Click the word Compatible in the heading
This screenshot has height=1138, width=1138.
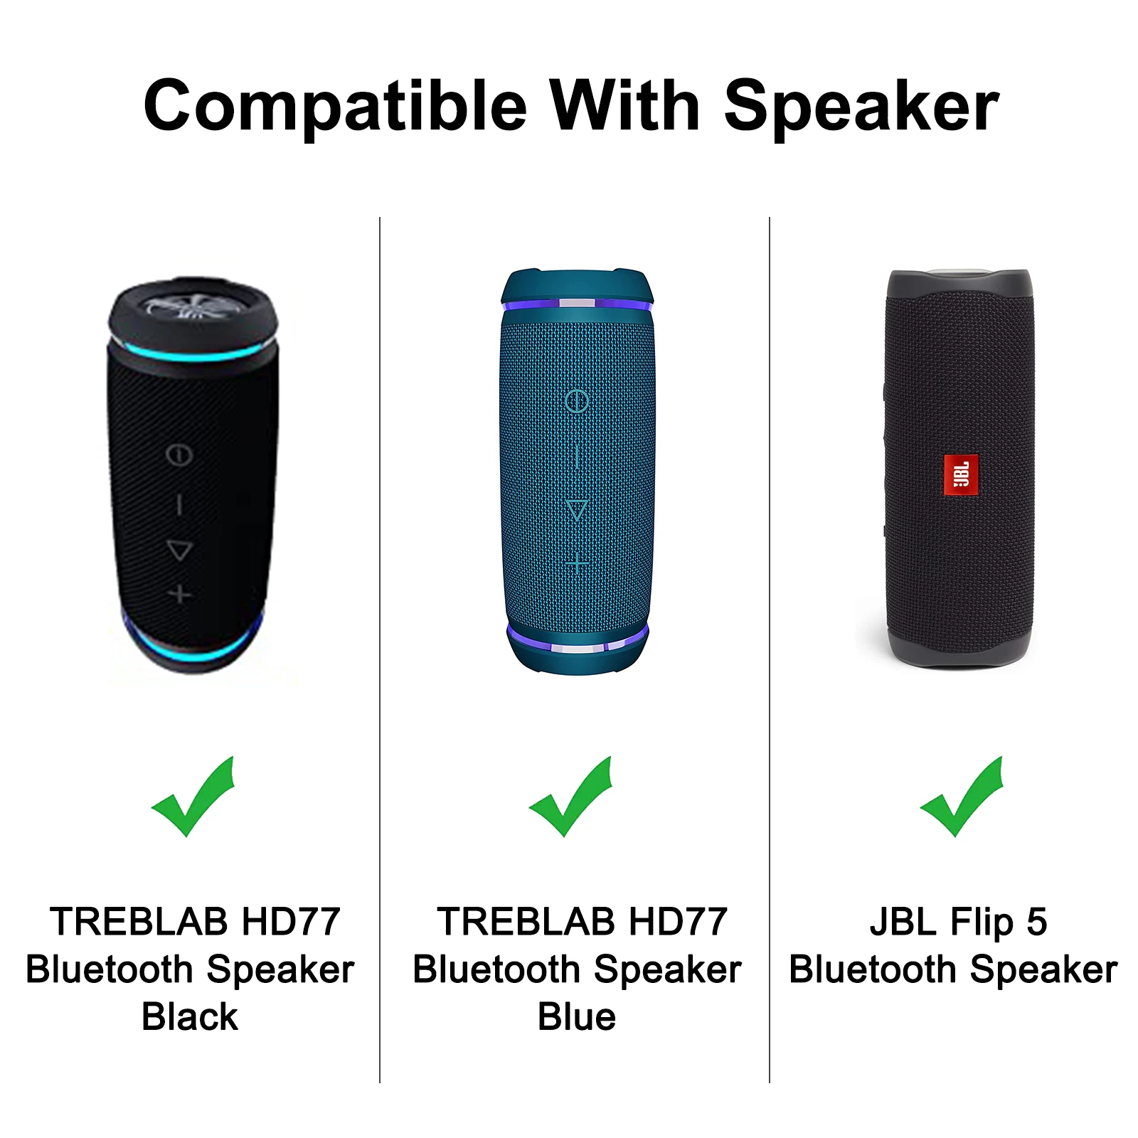(335, 107)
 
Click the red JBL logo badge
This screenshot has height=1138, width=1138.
(961, 475)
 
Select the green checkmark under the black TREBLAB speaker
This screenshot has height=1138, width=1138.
(193, 797)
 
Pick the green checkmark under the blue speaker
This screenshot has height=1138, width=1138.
(570, 797)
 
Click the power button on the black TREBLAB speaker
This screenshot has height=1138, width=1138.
(179, 455)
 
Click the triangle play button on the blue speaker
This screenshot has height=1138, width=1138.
(577, 510)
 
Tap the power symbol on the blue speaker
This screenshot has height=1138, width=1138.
(577, 401)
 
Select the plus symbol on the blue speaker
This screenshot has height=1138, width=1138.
(577, 565)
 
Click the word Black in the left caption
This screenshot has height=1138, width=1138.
(190, 1016)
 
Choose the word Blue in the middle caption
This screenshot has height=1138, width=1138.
(577, 1016)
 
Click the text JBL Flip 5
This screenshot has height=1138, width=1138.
(958, 922)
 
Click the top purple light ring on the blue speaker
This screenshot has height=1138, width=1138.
(577, 304)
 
